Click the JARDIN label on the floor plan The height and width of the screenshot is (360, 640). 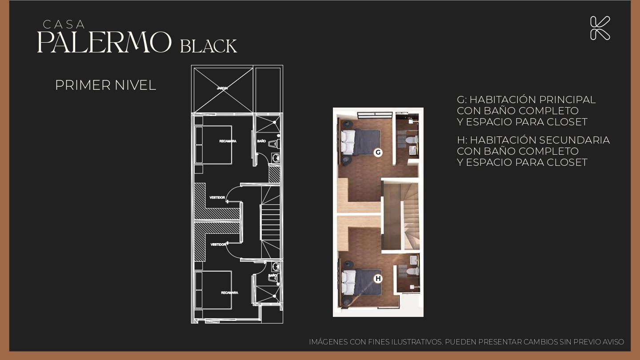[222, 88]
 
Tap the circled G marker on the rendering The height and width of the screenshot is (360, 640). [378, 152]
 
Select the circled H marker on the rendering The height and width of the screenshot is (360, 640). [378, 279]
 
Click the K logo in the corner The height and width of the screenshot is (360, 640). [600, 28]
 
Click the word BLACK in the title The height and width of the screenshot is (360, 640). [208, 46]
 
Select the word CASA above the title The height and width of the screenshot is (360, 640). [64, 24]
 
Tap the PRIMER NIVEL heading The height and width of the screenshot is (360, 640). [106, 85]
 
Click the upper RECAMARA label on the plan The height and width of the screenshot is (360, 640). [228, 141]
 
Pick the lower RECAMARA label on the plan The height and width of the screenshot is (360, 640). [229, 292]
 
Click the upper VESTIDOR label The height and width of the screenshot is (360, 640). [217, 197]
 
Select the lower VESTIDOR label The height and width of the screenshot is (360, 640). [218, 244]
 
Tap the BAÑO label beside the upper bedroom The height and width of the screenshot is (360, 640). [261, 141]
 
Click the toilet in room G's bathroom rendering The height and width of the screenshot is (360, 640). [412, 140]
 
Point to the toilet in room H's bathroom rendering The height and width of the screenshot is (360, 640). [413, 271]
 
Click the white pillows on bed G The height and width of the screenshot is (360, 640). [348, 142]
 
